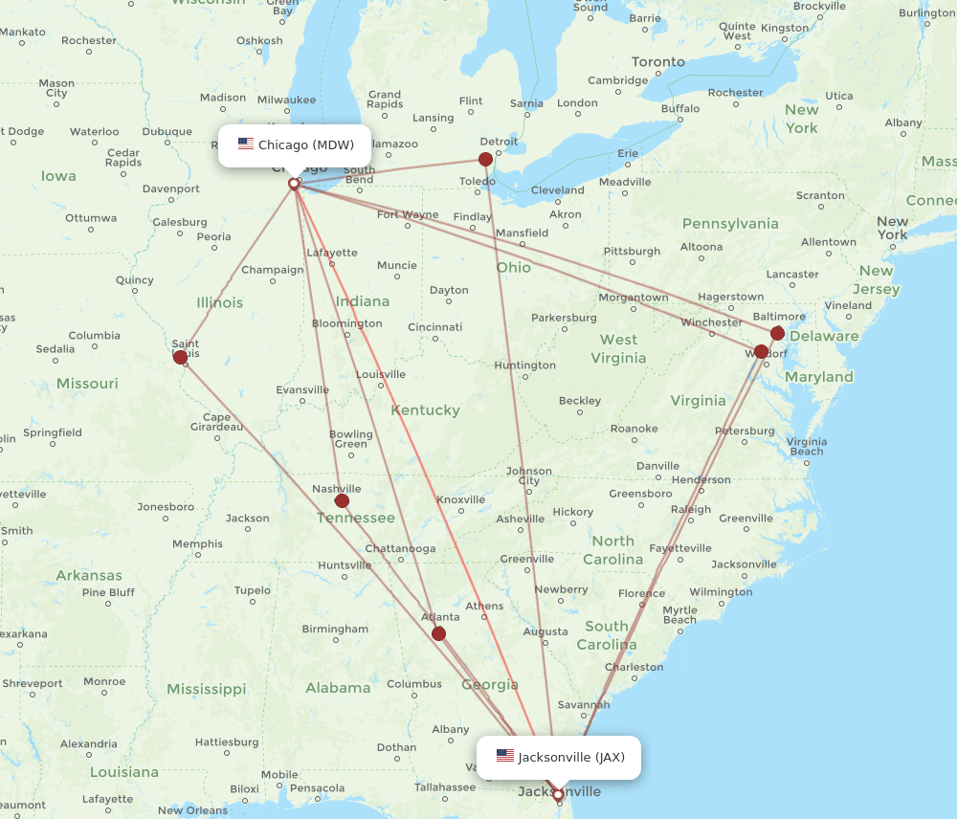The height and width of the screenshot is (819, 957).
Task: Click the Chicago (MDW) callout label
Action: click(x=295, y=145)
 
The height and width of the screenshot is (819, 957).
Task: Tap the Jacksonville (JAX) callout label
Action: click(x=559, y=757)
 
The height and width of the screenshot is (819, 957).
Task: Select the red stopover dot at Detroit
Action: click(x=486, y=160)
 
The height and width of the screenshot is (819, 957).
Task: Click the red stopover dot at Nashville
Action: click(x=342, y=500)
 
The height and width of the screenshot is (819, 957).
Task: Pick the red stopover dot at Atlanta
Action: click(x=438, y=633)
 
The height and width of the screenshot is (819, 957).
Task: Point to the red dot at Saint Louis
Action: click(x=181, y=357)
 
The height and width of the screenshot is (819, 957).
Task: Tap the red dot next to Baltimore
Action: click(x=777, y=333)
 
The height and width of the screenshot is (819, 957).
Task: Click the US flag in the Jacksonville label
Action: click(x=505, y=756)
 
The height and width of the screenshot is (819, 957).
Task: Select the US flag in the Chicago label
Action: click(x=246, y=144)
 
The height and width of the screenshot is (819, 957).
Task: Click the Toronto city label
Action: click(x=658, y=62)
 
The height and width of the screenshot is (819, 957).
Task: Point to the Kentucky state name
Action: click(x=426, y=410)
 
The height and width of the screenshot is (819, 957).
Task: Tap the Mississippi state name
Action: click(x=206, y=689)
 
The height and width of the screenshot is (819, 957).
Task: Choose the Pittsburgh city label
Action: click(x=632, y=252)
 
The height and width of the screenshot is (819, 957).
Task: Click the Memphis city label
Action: click(x=197, y=544)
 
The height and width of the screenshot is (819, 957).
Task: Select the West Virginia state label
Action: click(x=618, y=348)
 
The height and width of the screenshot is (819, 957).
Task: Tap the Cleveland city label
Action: click(x=557, y=190)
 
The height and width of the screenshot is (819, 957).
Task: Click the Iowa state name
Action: click(x=58, y=175)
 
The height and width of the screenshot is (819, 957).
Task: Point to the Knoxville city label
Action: click(x=460, y=500)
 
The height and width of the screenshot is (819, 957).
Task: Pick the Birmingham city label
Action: click(x=335, y=629)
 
